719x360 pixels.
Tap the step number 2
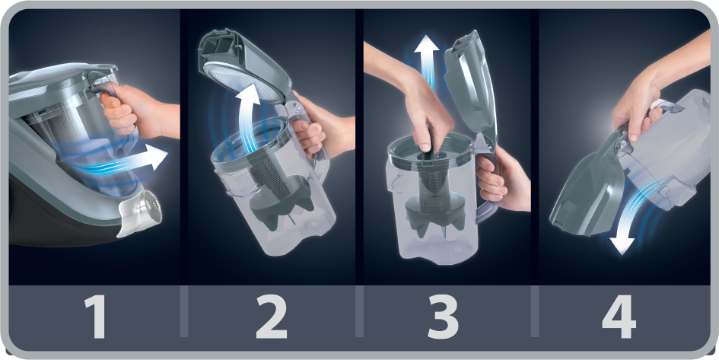[x=272, y=317]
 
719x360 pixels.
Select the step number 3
[x=442, y=317]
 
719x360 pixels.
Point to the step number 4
[x=619, y=317]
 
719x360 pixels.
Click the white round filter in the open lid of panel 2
[x=242, y=82]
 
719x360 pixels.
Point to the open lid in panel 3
[x=470, y=87]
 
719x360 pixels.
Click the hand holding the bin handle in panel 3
[x=502, y=181]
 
